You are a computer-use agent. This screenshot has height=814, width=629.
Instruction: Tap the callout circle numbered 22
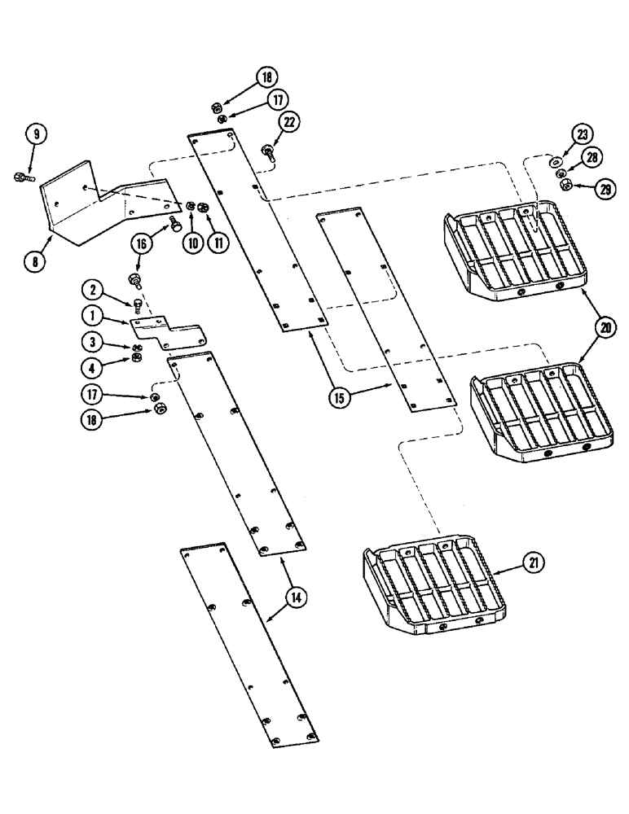(290, 122)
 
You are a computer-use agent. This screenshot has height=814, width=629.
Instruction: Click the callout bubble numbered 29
(603, 190)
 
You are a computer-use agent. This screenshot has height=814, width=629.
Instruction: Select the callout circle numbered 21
(533, 562)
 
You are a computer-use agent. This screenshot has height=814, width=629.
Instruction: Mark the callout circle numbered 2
(94, 288)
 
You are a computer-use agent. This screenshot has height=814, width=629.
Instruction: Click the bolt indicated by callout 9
(22, 176)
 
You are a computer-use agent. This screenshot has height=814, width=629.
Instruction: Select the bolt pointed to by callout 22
(268, 151)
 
